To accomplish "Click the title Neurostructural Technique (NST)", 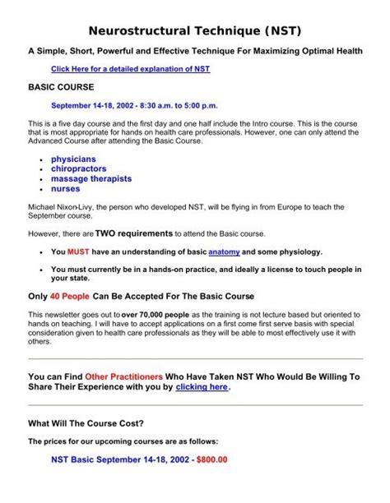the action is [194, 31].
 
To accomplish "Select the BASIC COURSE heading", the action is [61, 86].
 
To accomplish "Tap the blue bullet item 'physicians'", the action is [73, 159].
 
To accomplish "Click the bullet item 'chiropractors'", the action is [81, 168].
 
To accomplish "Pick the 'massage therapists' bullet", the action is [91, 178].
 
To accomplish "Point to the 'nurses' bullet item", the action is [66, 188].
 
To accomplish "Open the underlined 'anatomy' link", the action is [224, 251].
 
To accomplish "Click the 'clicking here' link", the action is [202, 386].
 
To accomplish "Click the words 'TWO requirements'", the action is [133, 233].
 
